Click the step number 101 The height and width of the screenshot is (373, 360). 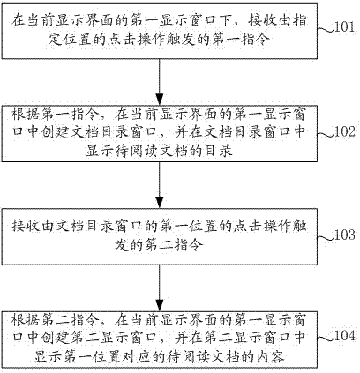pos(345,27)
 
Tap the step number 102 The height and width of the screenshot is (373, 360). pos(345,131)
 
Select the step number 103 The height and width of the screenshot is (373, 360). pos(345,235)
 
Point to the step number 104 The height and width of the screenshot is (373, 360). pos(345,335)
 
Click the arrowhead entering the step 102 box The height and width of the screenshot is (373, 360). pos(160,100)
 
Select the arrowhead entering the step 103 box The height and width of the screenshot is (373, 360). pos(160,202)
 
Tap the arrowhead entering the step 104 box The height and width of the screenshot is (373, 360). pos(160,305)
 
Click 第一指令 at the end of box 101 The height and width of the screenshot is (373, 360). pos(240,40)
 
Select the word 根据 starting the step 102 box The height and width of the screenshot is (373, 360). pos(25,114)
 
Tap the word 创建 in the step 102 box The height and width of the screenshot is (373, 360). pos(56,132)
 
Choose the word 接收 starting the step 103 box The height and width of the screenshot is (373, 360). pos(25,227)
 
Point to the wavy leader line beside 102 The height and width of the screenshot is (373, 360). pos(326,134)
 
